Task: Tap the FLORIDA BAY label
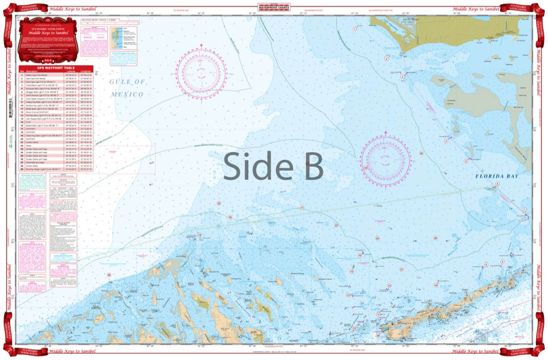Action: pyautogui.click(x=497, y=176)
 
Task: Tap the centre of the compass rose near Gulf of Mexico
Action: pyautogui.click(x=200, y=71)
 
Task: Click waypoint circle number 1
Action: pyautogui.click(x=354, y=28)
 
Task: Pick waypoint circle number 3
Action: pyautogui.click(x=402, y=77)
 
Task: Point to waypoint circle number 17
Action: pyautogui.click(x=302, y=208)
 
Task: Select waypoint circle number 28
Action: pyautogui.click(x=110, y=275)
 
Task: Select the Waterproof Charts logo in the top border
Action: pyautogui.click(x=274, y=7)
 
